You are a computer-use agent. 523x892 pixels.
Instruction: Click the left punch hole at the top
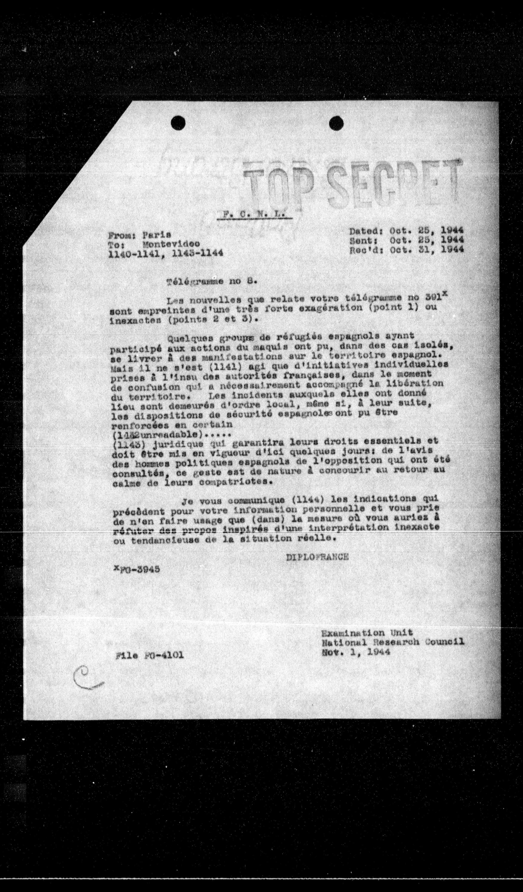pos(178,123)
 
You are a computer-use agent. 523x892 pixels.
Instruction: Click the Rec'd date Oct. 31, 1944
pos(427,250)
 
